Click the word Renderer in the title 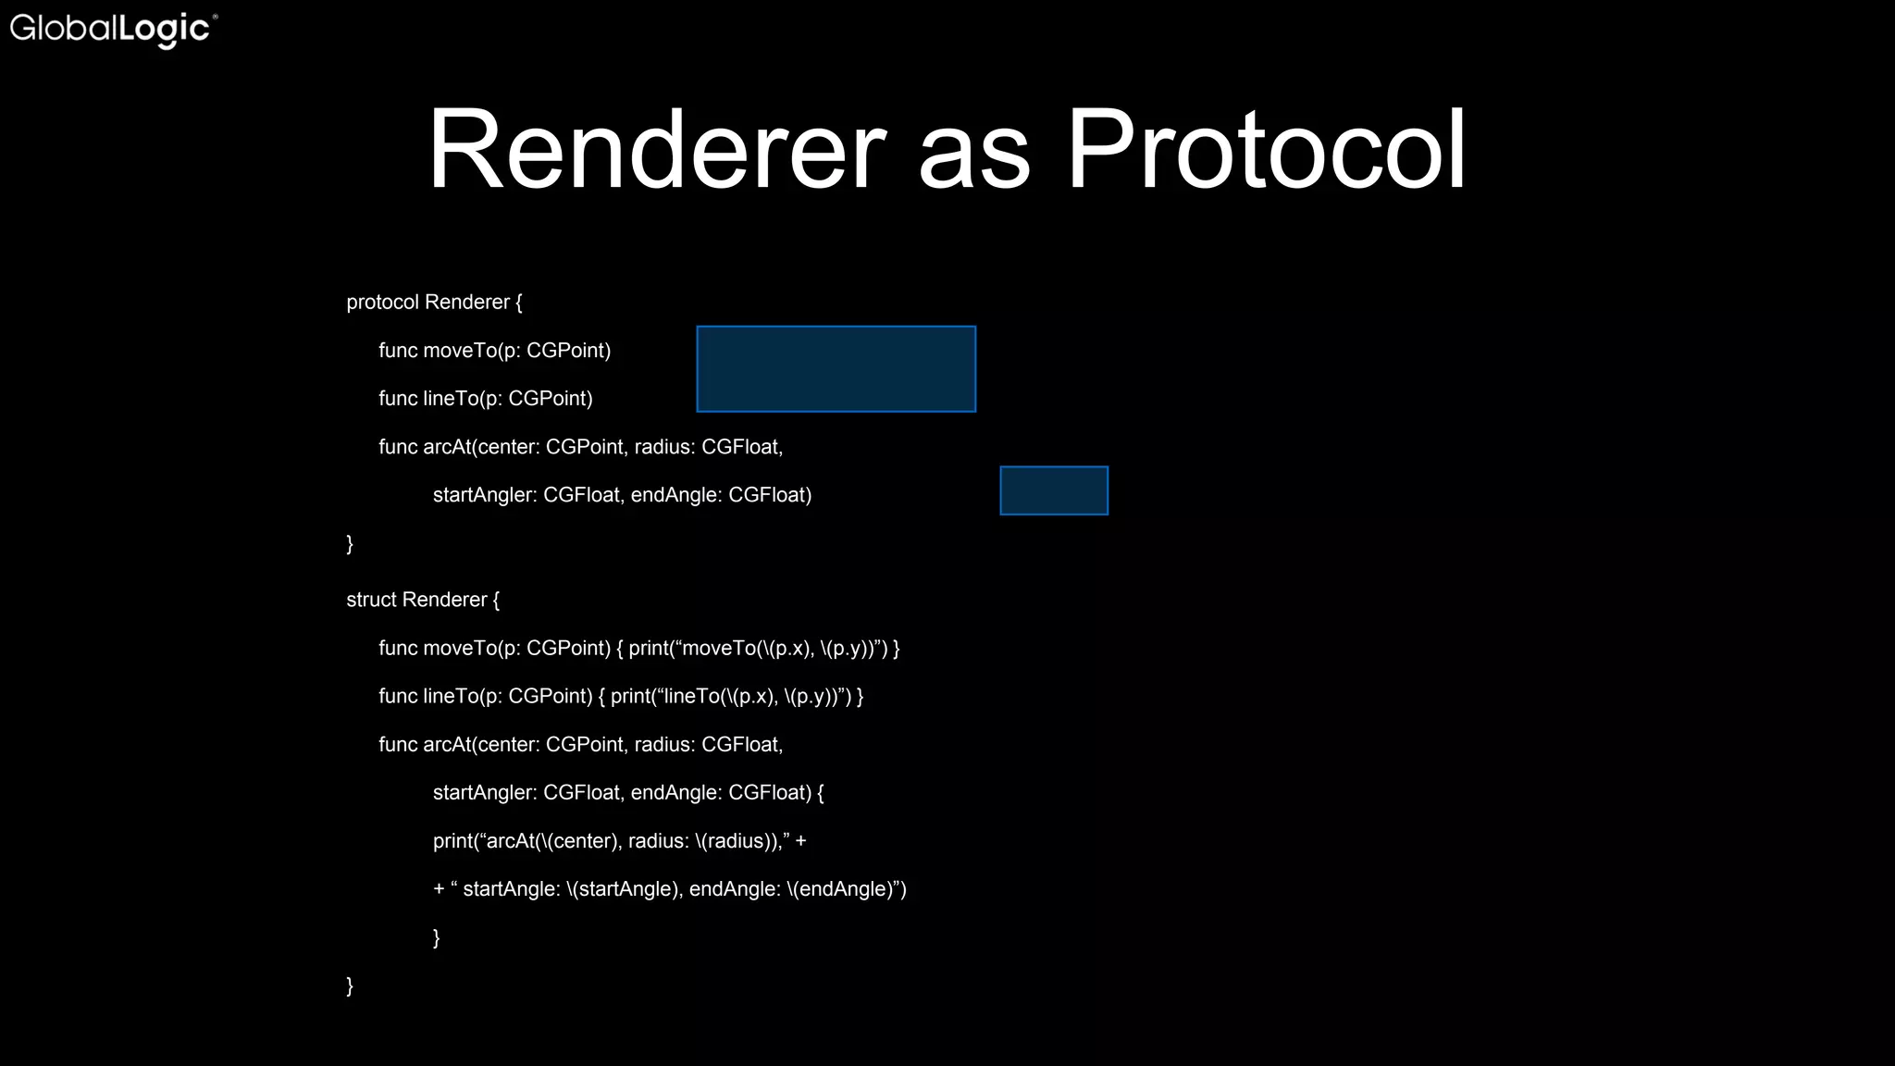tap(656, 150)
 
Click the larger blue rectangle tap(836, 368)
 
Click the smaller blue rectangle tap(1053, 490)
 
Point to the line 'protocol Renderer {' tap(434, 303)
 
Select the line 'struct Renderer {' tap(423, 600)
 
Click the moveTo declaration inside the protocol tap(494, 351)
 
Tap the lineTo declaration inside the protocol tap(485, 399)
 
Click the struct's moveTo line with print tap(638, 649)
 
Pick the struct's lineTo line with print tap(620, 697)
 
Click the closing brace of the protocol tap(350, 543)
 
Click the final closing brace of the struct tap(350, 985)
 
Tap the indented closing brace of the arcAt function tap(436, 937)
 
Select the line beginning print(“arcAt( tap(619, 841)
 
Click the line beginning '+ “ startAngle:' tap(669, 889)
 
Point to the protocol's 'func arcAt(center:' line tap(580, 447)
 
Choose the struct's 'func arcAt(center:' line tap(580, 745)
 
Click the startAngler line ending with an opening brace tap(627, 793)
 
